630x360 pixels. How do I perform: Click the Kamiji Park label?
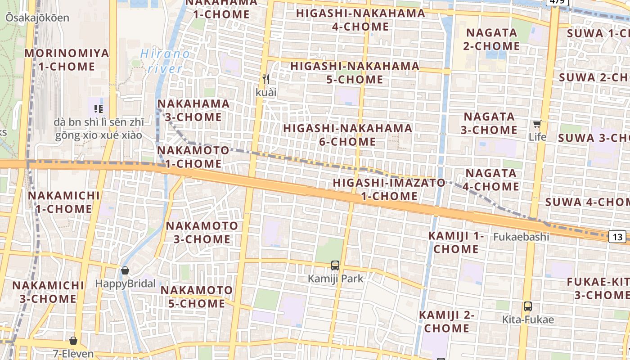pos(335,279)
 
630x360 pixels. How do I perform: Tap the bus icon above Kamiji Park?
pos(335,265)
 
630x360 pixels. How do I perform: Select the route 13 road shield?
pos(618,237)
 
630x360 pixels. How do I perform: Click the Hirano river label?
pos(165,61)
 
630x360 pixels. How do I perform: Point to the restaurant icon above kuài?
pos(266,80)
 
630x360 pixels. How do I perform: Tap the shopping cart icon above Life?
pos(537,124)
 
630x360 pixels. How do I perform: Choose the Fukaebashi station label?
pos(521,237)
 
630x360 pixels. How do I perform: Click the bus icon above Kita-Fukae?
pos(528,306)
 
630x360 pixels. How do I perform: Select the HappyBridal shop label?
pos(125,284)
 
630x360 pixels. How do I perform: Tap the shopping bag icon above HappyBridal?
pos(125,270)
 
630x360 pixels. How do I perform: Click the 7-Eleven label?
pos(73,354)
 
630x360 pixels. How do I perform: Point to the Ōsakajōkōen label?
pos(37,18)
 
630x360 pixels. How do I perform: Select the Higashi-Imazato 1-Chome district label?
pos(389,189)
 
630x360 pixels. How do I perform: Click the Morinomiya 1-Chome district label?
pos(67,60)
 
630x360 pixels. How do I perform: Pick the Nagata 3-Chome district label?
pos(490,123)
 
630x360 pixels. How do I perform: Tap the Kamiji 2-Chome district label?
pos(446,321)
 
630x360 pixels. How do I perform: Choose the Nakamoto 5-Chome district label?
pos(197,297)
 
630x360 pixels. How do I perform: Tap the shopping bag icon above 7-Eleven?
pos(73,341)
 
